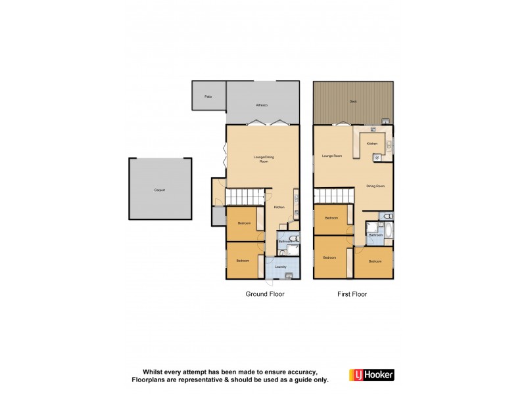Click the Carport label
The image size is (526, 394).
point(159,190)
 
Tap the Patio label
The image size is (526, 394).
point(208,97)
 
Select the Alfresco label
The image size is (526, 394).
point(262,105)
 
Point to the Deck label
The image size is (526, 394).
point(353,102)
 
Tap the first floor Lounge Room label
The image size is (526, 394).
point(332,156)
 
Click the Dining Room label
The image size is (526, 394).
point(375,186)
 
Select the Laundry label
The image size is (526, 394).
point(280,267)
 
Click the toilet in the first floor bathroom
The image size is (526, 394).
point(387,215)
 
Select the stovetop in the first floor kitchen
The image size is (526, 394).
point(377,157)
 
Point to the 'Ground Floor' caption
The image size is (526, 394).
point(265,294)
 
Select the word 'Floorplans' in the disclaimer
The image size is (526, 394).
point(152,380)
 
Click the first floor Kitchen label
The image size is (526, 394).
point(371,143)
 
